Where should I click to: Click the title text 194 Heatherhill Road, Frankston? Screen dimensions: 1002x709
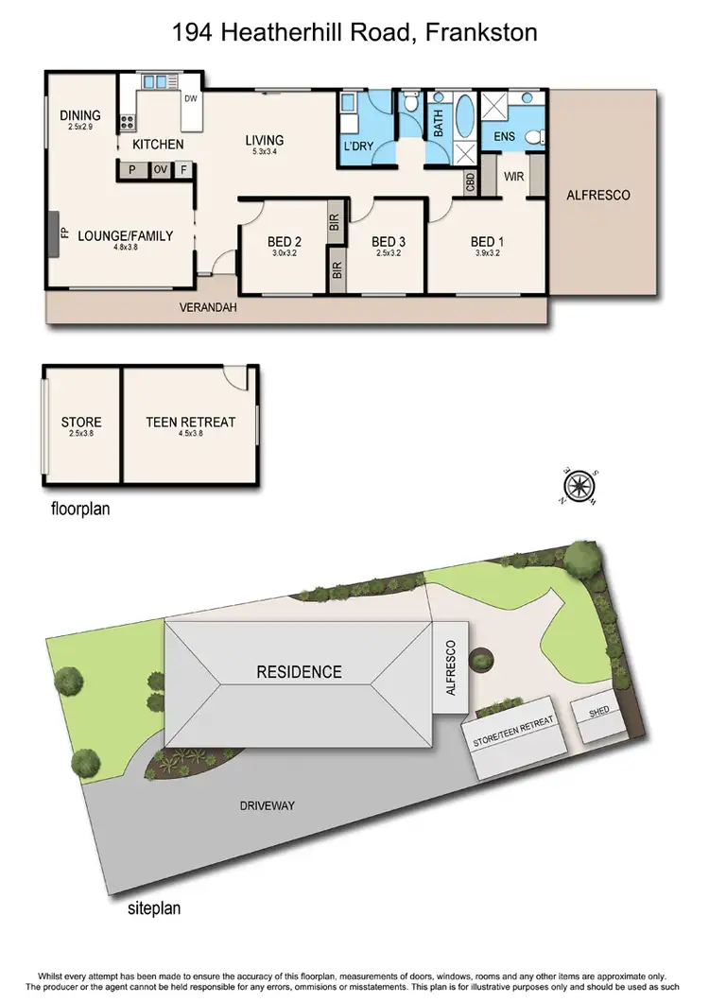click(x=354, y=33)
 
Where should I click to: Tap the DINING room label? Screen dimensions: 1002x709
click(x=79, y=115)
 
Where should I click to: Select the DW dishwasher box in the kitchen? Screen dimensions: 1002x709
click(x=190, y=98)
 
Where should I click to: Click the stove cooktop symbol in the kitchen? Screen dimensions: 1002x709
click(x=126, y=121)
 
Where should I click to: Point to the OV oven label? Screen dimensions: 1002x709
click(x=160, y=170)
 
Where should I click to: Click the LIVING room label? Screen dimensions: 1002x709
click(x=265, y=141)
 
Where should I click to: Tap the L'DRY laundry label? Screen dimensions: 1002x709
click(x=359, y=148)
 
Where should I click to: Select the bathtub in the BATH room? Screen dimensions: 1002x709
click(x=466, y=115)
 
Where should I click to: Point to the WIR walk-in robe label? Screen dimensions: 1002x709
click(x=514, y=177)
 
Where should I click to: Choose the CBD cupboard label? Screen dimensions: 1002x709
click(x=470, y=181)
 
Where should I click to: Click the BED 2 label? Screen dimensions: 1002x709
click(x=285, y=241)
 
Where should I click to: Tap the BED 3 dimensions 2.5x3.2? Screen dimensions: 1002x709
click(x=389, y=253)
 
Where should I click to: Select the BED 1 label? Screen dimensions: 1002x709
click(x=487, y=241)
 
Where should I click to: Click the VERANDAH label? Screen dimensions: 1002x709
click(x=210, y=308)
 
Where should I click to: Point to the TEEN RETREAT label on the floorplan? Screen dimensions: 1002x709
click(x=190, y=423)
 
